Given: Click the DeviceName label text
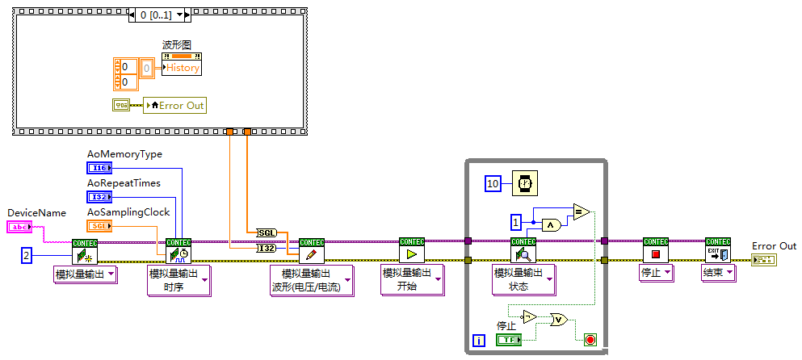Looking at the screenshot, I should pyautogui.click(x=36, y=212).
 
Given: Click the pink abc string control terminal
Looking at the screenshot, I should pyautogui.click(x=18, y=228).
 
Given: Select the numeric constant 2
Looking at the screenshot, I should pyautogui.click(x=27, y=256).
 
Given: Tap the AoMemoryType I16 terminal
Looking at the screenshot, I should pyautogui.click(x=99, y=168).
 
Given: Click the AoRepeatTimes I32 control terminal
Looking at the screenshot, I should pyautogui.click(x=99, y=197).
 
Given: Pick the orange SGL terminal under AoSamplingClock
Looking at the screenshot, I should pyautogui.click(x=99, y=226).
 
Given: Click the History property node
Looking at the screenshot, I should pyautogui.click(x=182, y=68).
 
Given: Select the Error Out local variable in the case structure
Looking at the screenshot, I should pyautogui.click(x=174, y=105).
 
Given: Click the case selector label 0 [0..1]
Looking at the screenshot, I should pyautogui.click(x=158, y=15).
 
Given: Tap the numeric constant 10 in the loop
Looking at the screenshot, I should pyautogui.click(x=493, y=184).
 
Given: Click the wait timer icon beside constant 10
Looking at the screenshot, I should pyautogui.click(x=525, y=183).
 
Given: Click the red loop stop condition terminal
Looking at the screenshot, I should pyautogui.click(x=590, y=340).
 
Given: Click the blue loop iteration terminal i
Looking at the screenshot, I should pyautogui.click(x=480, y=341).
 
